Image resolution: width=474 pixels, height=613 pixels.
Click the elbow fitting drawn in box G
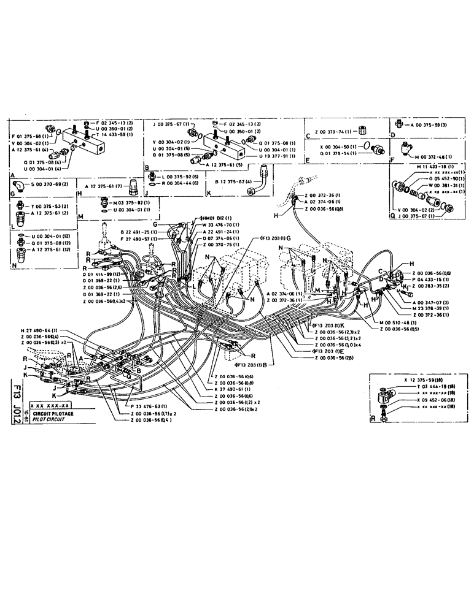(22, 183)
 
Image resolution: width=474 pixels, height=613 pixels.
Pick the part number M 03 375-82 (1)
(117, 202)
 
